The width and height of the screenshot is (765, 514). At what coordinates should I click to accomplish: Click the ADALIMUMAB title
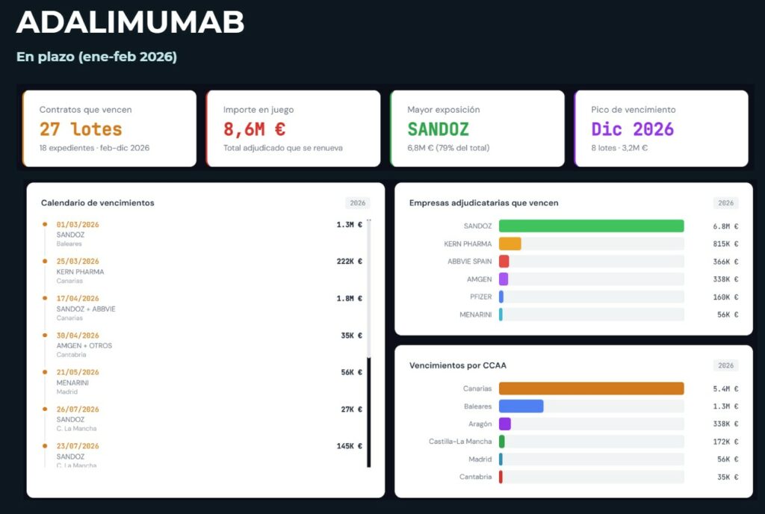tap(130, 22)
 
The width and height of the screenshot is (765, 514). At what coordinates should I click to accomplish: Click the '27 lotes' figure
tap(81, 129)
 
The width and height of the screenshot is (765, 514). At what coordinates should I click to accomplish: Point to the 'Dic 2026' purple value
tap(632, 129)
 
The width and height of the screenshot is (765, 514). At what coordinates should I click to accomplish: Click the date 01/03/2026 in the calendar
tap(78, 224)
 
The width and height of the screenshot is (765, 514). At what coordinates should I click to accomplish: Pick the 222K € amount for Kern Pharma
tap(349, 261)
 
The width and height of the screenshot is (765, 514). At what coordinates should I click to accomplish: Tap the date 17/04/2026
tap(78, 298)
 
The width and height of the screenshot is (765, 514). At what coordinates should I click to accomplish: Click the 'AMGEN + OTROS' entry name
tap(84, 346)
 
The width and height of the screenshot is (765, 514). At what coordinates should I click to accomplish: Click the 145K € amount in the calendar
tap(349, 446)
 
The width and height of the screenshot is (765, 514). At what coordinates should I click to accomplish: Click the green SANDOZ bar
tap(591, 226)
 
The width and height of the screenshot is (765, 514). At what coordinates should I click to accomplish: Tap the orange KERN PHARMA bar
tap(510, 244)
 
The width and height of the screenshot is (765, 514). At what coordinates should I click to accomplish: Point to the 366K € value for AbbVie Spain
tap(725, 261)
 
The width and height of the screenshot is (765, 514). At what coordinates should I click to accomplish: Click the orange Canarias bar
tap(591, 388)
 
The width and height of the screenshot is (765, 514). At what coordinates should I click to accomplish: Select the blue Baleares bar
tap(521, 406)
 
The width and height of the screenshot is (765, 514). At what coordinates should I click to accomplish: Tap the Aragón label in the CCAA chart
tap(480, 424)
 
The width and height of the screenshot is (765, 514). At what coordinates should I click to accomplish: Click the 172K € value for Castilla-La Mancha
tap(725, 442)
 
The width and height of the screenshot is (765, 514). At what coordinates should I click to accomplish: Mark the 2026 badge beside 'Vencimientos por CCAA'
tap(725, 365)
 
